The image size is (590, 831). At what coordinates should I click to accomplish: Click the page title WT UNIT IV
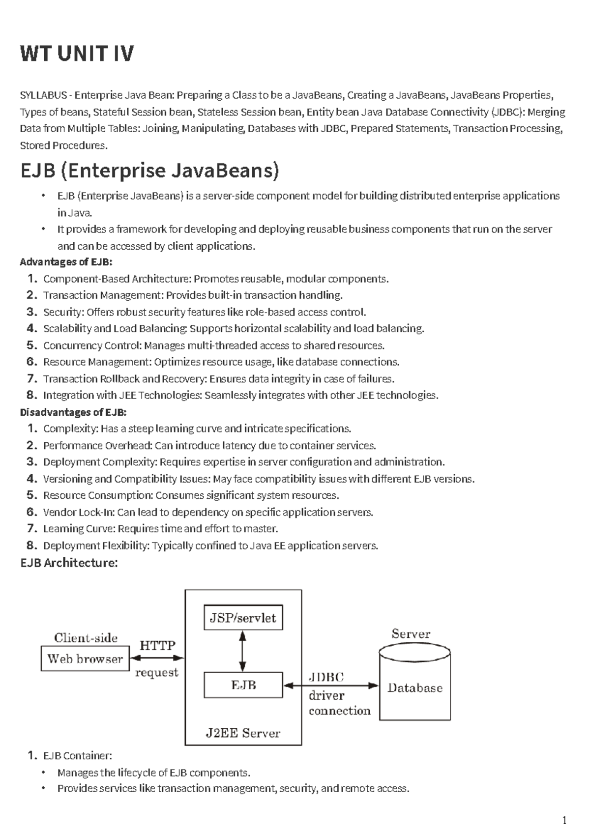tap(77, 54)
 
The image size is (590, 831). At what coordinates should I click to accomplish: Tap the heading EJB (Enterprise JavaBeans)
tap(149, 171)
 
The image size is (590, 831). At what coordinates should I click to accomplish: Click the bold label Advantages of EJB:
tap(66, 262)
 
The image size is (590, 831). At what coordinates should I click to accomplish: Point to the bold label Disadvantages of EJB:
tap(73, 412)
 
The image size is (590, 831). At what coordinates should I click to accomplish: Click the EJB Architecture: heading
tap(69, 563)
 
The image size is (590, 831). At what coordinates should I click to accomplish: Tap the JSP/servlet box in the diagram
tap(243, 618)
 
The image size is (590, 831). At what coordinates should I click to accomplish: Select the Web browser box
tap(85, 659)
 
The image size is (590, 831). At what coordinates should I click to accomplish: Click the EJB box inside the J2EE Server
tap(243, 685)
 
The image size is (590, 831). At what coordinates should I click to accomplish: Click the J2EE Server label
tap(243, 733)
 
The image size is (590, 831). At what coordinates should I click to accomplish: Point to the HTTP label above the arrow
tap(157, 645)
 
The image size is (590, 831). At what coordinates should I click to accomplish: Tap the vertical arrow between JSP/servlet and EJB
tap(242, 651)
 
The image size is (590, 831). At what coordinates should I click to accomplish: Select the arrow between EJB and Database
tap(331, 685)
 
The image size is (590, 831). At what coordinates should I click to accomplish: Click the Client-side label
tap(86, 638)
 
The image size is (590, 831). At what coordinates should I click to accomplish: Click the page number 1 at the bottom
tap(564, 820)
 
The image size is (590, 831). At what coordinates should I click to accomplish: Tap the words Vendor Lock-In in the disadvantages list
tap(79, 512)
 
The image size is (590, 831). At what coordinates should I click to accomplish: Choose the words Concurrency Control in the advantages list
tap(92, 345)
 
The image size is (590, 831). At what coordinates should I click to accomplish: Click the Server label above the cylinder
tap(411, 634)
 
